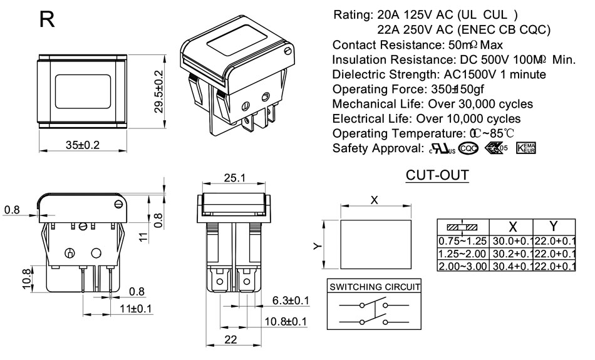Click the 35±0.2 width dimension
click(x=83, y=145)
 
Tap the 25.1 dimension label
click(x=235, y=178)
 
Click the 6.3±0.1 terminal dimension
click(x=291, y=301)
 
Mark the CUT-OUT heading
click(x=437, y=175)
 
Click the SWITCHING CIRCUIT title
click(x=374, y=287)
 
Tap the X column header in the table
click(x=512, y=227)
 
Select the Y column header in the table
click(x=554, y=227)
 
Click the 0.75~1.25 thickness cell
click(x=463, y=241)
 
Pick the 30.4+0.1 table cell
click(x=511, y=266)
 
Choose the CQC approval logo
click(x=468, y=148)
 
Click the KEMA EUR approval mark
click(x=526, y=148)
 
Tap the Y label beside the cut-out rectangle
click(x=318, y=245)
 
